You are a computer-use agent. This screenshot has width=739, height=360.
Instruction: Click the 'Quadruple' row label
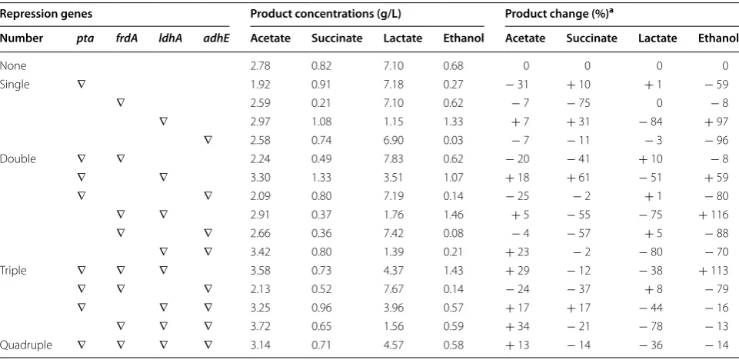click(26, 345)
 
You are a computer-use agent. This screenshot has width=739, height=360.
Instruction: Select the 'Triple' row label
click(13, 271)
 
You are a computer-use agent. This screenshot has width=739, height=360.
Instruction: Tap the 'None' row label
click(13, 66)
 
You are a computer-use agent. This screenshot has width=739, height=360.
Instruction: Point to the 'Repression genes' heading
click(45, 14)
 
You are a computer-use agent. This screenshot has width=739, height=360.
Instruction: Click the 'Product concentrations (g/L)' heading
click(326, 14)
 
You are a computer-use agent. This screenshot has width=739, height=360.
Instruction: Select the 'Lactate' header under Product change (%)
click(657, 38)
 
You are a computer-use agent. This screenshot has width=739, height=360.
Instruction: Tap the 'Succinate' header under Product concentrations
click(337, 38)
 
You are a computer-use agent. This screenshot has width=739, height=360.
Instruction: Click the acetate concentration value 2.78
click(261, 66)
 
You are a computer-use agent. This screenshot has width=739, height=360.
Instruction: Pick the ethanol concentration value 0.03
click(454, 141)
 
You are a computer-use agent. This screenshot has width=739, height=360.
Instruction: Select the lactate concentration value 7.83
click(394, 158)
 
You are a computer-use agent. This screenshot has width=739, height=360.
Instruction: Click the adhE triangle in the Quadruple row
click(208, 345)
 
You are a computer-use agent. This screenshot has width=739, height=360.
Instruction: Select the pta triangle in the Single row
click(81, 85)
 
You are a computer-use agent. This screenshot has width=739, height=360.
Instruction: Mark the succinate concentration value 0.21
click(321, 103)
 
